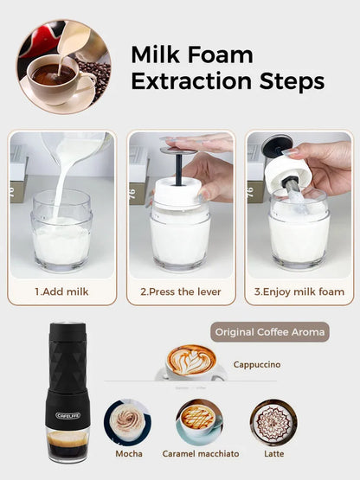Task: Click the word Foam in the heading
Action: [221, 54]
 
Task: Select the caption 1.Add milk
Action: [61, 291]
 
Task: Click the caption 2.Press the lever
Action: [180, 291]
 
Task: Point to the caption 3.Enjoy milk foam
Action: [299, 291]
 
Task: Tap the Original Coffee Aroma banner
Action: [269, 332]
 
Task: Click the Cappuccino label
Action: [257, 364]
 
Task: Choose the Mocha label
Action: [129, 453]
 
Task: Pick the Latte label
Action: [273, 453]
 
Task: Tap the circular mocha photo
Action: [127, 421]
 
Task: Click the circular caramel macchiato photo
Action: [199, 421]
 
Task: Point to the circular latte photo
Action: [273, 421]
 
